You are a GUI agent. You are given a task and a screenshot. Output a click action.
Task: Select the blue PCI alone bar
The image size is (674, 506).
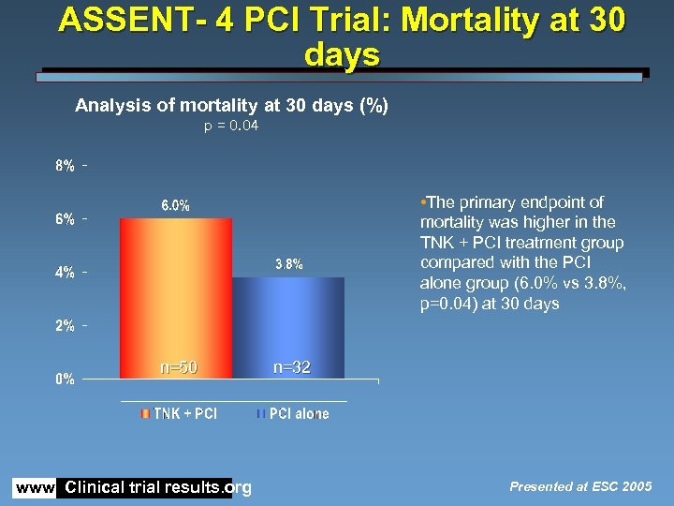[287, 328]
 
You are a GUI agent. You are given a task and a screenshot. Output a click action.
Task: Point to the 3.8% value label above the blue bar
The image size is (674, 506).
[288, 264]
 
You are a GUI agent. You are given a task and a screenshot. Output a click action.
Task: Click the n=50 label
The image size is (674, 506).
[177, 367]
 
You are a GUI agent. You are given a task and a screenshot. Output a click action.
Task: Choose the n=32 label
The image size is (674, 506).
[291, 367]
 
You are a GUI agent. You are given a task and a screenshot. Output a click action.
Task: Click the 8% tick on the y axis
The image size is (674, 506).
[66, 167]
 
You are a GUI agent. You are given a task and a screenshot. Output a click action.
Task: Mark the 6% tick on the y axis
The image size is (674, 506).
[66, 219]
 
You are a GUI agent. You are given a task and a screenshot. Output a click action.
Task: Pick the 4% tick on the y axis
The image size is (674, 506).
[66, 273]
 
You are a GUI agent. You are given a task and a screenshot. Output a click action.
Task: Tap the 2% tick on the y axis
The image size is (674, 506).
[66, 326]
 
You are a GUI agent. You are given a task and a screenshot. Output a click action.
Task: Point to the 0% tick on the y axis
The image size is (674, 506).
[66, 379]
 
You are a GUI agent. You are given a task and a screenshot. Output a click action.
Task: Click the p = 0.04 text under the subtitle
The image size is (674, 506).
[231, 126]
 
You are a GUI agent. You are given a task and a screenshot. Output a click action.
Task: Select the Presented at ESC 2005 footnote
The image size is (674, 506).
[580, 486]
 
